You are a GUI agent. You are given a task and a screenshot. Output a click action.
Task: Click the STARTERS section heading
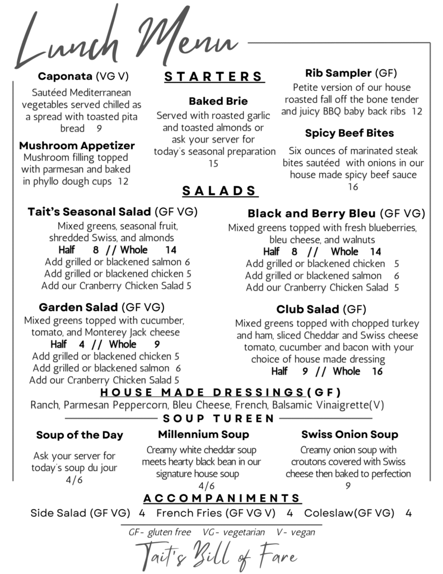tap(214, 77)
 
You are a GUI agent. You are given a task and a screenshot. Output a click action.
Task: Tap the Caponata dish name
tap(64, 76)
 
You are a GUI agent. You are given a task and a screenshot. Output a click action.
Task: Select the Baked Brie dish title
tap(218, 101)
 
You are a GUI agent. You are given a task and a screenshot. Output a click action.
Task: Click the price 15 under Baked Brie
tap(213, 164)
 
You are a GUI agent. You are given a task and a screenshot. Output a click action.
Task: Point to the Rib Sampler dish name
tap(338, 73)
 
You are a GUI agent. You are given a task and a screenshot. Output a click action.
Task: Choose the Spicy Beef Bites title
tap(349, 133)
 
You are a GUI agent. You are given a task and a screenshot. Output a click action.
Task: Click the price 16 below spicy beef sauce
tap(353, 187)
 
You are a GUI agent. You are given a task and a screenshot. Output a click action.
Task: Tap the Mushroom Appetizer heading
tap(77, 146)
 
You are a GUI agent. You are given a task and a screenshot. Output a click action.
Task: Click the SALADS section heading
tap(220, 191)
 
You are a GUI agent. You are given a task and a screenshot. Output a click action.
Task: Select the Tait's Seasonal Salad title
tap(90, 212)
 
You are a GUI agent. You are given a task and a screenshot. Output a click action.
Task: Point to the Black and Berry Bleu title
tap(313, 214)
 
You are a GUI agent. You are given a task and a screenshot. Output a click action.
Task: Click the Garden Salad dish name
tap(78, 307)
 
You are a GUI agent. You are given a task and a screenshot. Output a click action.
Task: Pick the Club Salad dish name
tap(307, 309)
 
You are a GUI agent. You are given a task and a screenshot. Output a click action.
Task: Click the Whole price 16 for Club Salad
tap(377, 372)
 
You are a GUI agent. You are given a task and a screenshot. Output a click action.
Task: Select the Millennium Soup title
tap(203, 434)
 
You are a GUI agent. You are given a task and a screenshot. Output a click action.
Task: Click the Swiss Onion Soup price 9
tap(348, 486)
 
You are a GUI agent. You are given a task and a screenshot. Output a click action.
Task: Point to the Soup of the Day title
tap(80, 435)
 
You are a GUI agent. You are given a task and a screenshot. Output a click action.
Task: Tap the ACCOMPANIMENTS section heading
tap(222, 498)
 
